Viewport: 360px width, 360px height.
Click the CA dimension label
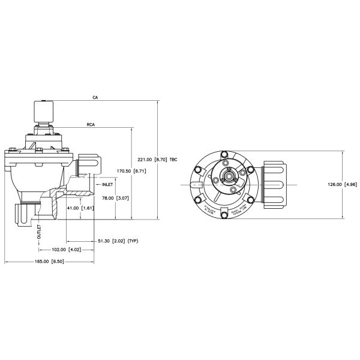[95, 97]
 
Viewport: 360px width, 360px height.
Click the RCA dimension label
[91, 126]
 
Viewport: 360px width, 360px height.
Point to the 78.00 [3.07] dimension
[114, 197]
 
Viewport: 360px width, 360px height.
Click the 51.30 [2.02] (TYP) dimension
[118, 241]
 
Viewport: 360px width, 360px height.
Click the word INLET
[107, 185]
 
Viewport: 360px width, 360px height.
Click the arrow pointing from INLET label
[97, 185]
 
